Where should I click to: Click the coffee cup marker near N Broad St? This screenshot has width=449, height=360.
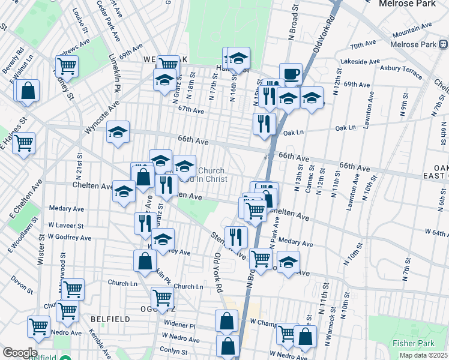291,73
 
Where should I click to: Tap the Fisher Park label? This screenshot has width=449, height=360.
409,344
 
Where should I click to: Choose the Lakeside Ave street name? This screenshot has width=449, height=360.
360,61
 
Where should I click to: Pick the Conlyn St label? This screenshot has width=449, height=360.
172,350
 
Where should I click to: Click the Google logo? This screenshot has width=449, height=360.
20,352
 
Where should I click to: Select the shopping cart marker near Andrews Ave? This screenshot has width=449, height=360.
67,65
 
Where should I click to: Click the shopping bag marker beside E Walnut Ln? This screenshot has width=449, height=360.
28,91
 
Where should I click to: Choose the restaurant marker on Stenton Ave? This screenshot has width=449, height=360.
236,237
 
